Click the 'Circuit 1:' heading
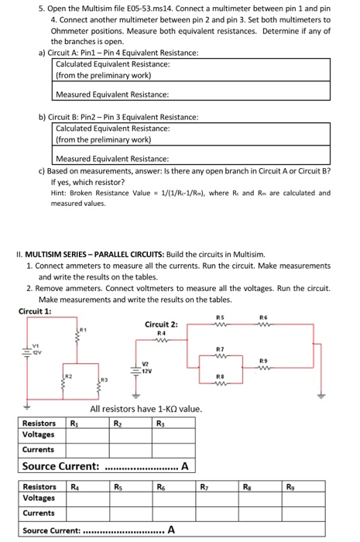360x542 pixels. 36,311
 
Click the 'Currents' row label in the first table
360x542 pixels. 38,449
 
